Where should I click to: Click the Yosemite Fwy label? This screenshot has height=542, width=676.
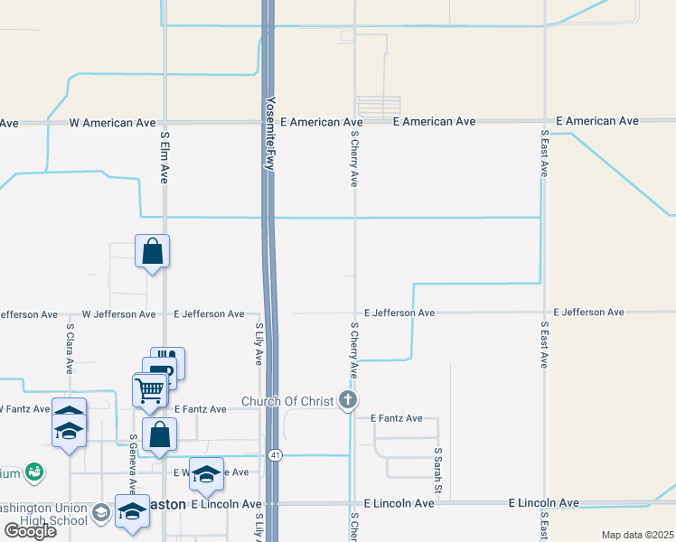point(268,134)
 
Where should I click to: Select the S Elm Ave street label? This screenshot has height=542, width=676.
point(164,158)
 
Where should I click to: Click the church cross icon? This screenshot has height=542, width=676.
point(346,400)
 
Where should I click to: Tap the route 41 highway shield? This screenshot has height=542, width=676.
point(275,455)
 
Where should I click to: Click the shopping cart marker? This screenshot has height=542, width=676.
point(149,390)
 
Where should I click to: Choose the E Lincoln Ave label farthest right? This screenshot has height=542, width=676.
point(544,502)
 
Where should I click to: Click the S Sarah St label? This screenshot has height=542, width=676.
point(437,470)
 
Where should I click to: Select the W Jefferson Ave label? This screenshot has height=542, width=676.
point(118,314)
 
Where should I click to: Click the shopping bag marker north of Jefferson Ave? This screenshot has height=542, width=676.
point(153,251)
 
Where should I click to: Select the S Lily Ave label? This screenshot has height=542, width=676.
point(258,343)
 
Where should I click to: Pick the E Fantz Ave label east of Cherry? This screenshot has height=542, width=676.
point(397,418)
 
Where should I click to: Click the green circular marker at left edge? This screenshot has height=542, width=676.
point(34,472)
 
